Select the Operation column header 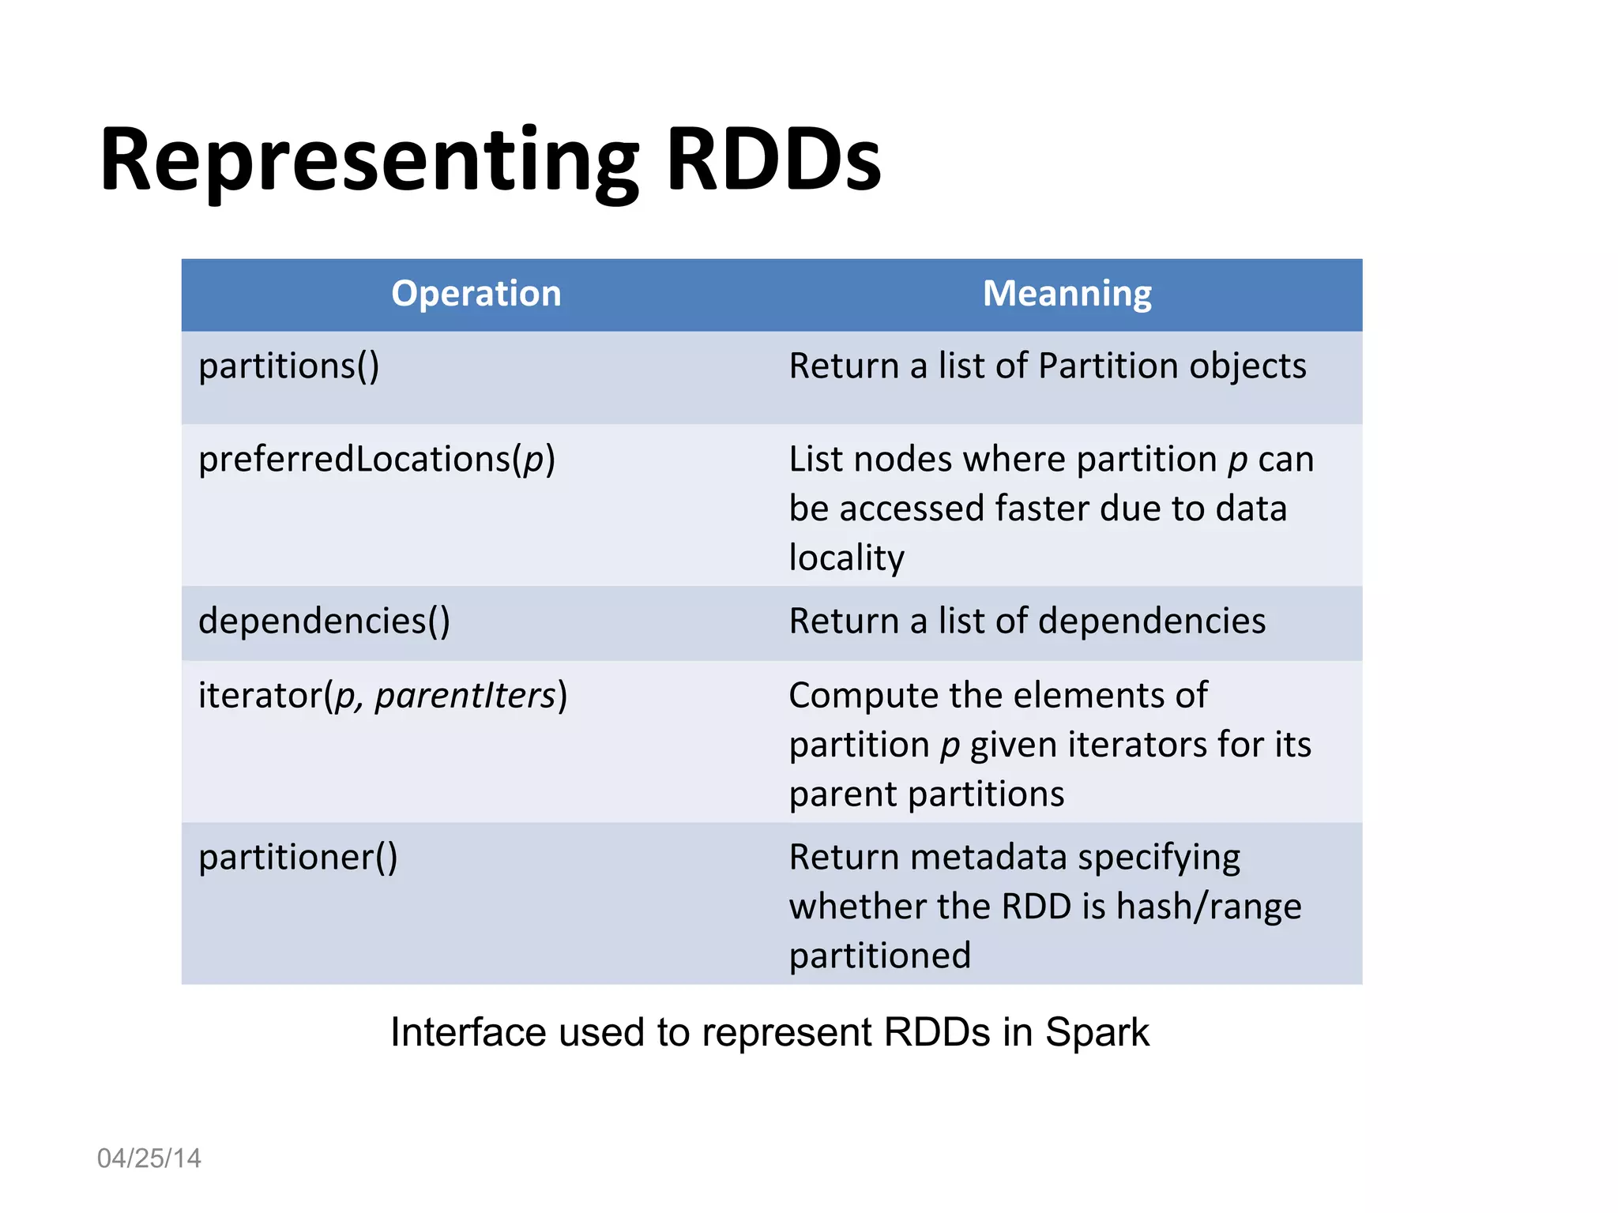476,294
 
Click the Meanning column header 1067,294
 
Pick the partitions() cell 289,366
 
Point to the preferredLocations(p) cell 377,460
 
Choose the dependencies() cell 324,622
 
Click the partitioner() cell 298,858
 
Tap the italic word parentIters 465,696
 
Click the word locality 846,558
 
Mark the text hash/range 1209,907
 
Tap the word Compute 862,696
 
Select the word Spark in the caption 1097,1033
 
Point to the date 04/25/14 149,1159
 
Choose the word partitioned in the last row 879,956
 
